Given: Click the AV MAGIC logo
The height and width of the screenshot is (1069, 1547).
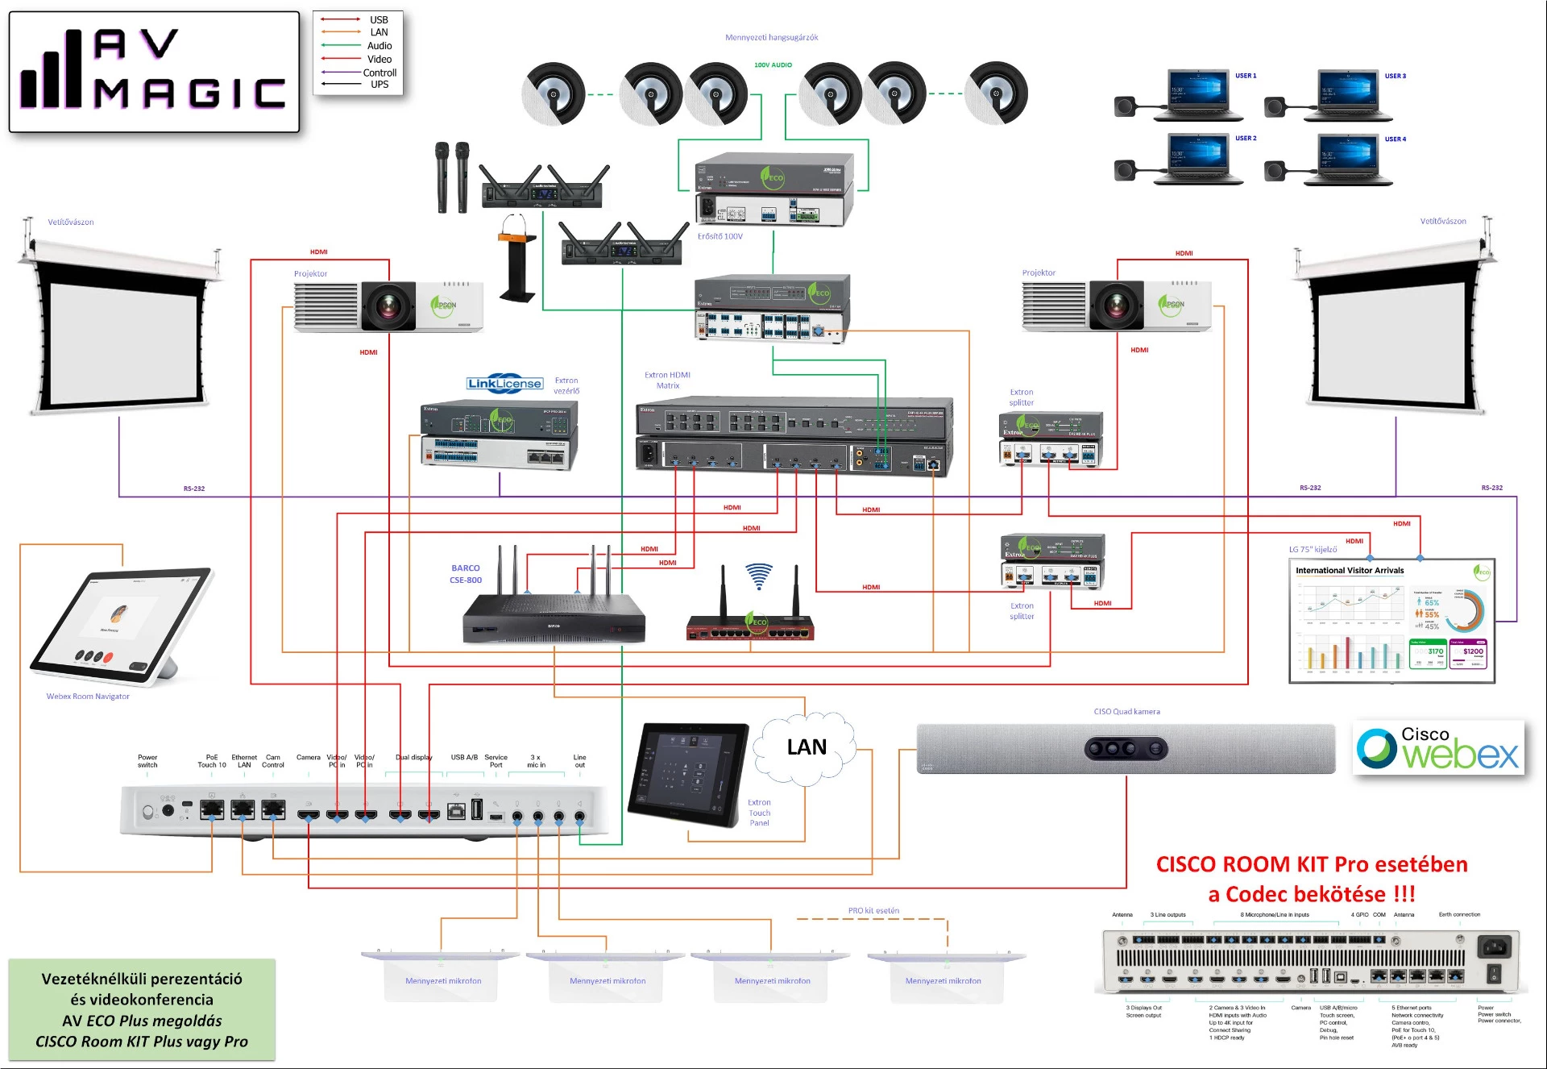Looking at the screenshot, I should [x=153, y=71].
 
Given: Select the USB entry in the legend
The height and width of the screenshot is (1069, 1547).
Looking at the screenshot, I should [x=379, y=19].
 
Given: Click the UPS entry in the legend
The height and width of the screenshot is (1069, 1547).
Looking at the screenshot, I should [x=379, y=85].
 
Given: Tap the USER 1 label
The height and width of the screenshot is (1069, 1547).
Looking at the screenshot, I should [x=1245, y=76].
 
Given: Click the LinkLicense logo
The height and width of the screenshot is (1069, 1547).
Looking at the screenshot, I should [x=504, y=384].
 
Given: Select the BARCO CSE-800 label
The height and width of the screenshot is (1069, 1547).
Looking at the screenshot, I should [x=466, y=574].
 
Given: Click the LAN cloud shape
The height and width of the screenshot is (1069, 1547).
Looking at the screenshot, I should [x=806, y=747].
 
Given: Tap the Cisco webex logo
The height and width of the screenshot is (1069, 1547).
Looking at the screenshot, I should [x=1438, y=748].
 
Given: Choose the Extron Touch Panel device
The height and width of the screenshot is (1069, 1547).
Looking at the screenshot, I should [x=690, y=774].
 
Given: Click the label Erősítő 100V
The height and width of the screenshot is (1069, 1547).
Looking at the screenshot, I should [x=720, y=236].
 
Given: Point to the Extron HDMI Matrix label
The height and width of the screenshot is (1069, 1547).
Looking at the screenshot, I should [x=667, y=380].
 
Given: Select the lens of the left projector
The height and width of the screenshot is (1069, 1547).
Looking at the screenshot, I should [x=388, y=306].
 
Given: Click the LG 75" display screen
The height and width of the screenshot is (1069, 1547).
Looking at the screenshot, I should [x=1391, y=621].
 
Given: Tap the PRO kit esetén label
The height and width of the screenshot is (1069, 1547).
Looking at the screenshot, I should [x=873, y=910].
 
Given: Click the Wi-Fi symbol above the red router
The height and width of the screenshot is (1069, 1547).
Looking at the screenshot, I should [x=758, y=576].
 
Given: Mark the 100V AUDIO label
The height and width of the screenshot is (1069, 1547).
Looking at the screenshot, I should [x=773, y=64].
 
